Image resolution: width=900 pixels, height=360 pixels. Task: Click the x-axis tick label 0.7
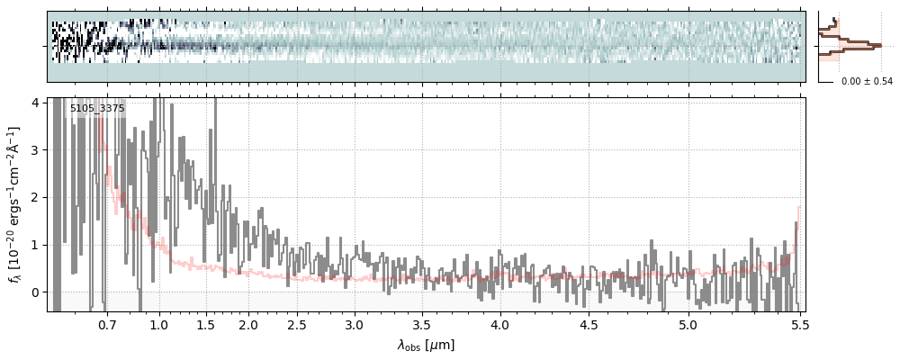point(107,324)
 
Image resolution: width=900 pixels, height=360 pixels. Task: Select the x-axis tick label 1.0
point(159,324)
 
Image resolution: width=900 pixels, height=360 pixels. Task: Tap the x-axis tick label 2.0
point(248,324)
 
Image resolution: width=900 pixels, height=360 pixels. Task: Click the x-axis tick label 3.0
point(354,324)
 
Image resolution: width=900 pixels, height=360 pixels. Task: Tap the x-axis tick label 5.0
point(688,324)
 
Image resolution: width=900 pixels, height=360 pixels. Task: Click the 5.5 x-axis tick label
point(798,324)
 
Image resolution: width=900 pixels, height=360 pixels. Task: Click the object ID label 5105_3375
point(97,109)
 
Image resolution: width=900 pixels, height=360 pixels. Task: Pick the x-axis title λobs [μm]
point(426,345)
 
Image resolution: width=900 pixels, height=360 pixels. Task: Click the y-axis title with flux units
point(15,205)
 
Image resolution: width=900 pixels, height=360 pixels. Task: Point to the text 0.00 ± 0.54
point(867,82)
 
